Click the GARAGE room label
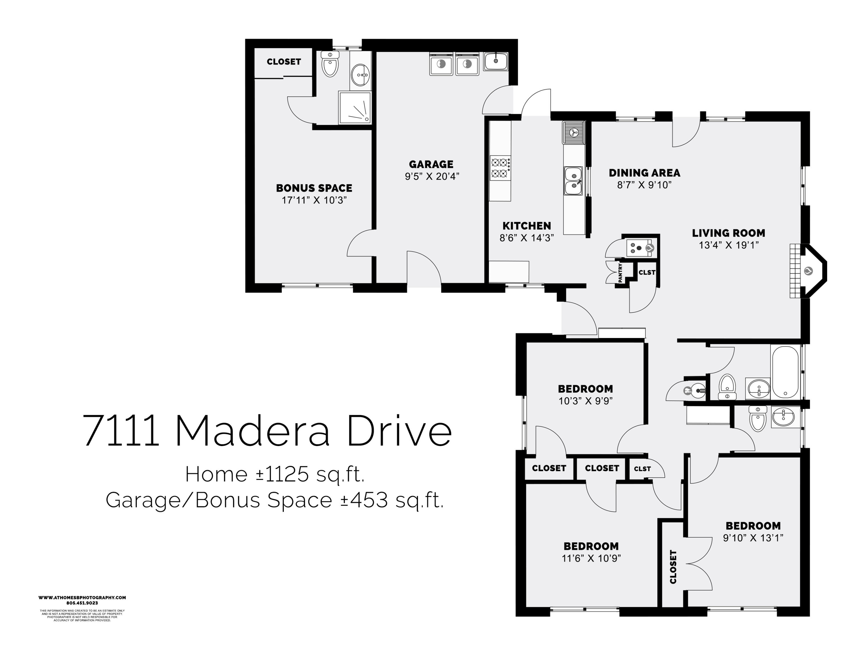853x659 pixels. point(431,164)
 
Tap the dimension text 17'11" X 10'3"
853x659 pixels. point(314,200)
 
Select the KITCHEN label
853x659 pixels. point(527,226)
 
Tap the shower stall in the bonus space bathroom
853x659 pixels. point(355,107)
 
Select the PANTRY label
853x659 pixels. point(620,273)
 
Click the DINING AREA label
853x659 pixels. point(644,173)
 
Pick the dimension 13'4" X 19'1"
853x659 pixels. point(728,245)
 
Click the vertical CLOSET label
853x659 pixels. point(673,567)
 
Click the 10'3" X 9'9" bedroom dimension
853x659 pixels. point(585,401)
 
